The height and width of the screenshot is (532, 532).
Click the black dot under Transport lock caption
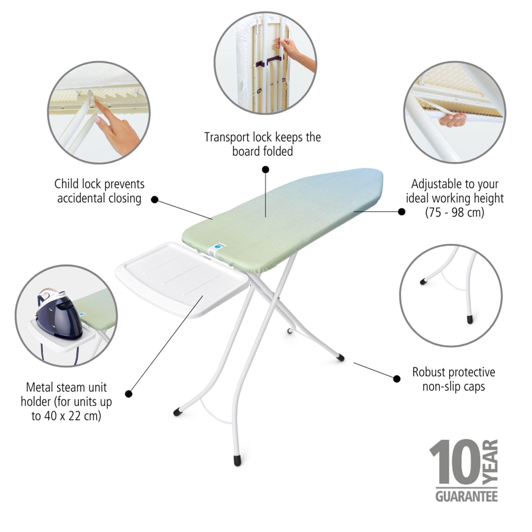(x=265, y=169)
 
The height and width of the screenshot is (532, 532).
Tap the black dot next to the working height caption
(x=402, y=211)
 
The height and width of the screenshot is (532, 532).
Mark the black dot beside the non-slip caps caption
(x=397, y=379)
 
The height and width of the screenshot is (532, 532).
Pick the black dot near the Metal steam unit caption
(x=128, y=394)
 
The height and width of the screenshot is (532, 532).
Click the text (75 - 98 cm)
(x=455, y=213)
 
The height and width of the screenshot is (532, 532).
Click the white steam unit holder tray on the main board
(x=182, y=278)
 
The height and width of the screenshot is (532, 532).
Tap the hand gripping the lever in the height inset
(x=452, y=119)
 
